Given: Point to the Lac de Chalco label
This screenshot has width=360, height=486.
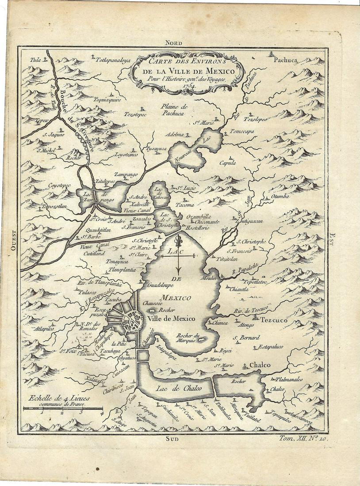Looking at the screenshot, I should [179, 387].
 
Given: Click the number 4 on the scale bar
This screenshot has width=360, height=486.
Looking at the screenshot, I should [102, 413].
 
